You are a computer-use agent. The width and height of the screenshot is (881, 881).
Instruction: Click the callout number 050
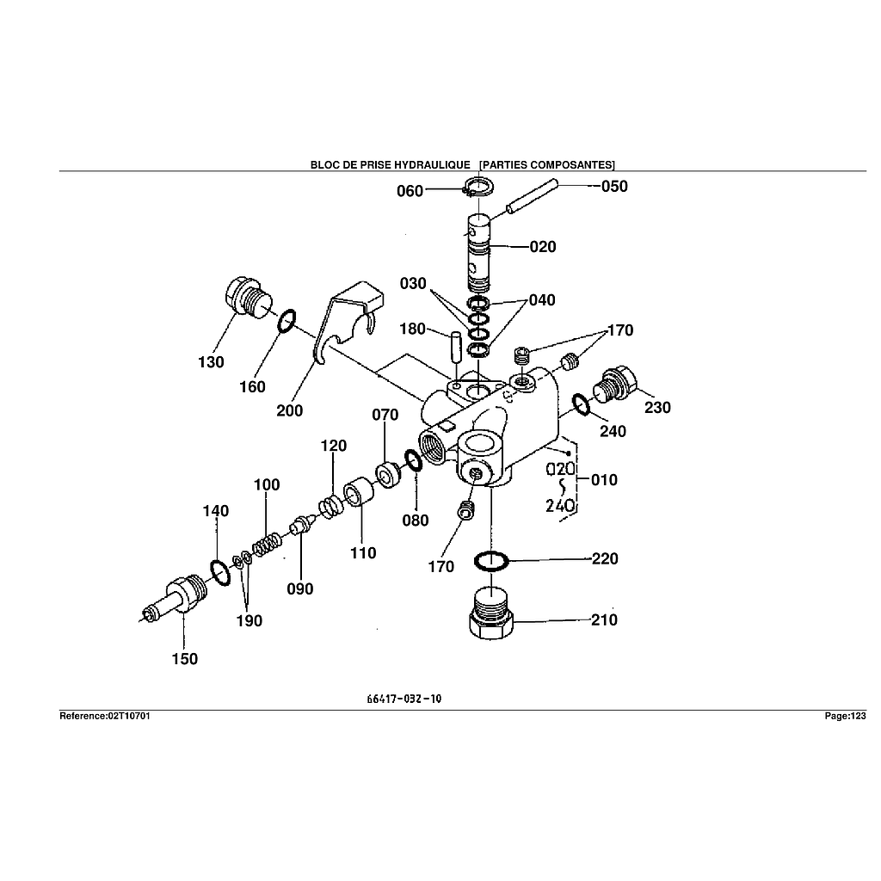point(614,187)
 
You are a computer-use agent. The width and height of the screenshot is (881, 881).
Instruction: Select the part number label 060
point(410,191)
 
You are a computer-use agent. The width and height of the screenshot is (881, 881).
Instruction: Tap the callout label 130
point(211,361)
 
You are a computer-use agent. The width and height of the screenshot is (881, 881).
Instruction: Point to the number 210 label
point(604,620)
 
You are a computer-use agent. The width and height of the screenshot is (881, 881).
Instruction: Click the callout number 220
point(605,559)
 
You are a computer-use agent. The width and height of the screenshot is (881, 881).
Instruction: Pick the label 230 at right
point(657,407)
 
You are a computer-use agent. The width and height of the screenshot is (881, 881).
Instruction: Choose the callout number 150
point(184,659)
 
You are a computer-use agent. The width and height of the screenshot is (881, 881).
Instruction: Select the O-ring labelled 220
point(491,561)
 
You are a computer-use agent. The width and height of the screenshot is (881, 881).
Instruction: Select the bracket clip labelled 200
point(344,323)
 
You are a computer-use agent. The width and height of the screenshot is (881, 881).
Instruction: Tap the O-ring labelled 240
point(582,403)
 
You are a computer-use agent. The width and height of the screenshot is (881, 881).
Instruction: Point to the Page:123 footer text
point(845,716)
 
